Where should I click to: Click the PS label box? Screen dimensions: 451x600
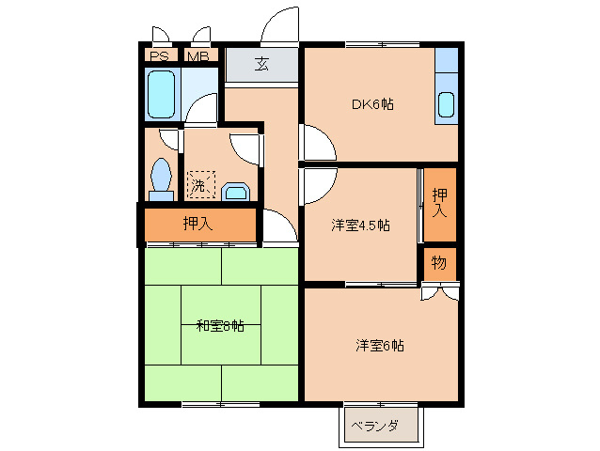158,56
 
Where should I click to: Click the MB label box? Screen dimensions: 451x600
197,56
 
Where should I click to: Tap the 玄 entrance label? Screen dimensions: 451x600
261,65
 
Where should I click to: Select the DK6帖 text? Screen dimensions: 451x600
372,104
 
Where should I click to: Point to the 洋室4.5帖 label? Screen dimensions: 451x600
360,226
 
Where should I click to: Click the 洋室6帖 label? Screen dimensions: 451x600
380,345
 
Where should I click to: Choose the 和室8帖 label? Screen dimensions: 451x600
220,326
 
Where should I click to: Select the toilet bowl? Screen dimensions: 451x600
162,179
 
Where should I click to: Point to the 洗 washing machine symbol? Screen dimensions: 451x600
199,184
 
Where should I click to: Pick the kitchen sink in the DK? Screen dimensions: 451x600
446,104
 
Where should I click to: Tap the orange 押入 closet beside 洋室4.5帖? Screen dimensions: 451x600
439,204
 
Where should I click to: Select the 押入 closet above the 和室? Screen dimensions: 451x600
197,225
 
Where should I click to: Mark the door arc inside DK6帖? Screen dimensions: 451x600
318,144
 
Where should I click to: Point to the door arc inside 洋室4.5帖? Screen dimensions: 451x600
317,185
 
